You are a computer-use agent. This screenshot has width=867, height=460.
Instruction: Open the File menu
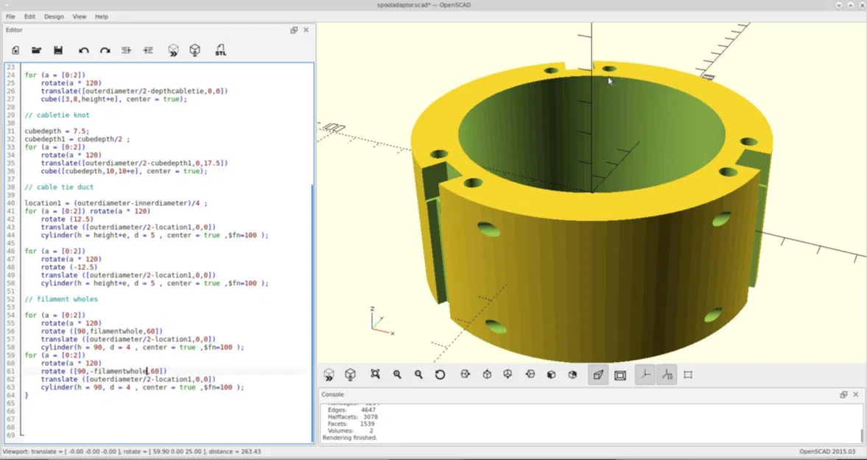click(10, 16)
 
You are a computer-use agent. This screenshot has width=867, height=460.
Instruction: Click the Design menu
click(54, 16)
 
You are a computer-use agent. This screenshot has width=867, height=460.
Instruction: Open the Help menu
click(102, 16)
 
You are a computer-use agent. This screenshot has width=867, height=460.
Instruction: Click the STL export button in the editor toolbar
click(220, 50)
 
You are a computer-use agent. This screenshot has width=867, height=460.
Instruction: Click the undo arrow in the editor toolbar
click(83, 50)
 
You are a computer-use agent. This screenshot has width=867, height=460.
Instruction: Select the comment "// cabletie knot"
click(57, 115)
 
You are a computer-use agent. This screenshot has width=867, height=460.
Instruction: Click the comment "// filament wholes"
click(61, 299)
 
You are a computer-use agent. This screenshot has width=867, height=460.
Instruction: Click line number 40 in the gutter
click(11, 203)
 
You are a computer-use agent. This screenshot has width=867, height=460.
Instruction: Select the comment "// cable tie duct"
click(60, 187)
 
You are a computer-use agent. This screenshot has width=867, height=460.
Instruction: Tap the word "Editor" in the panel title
click(14, 30)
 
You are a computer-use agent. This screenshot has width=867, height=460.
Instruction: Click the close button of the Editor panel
click(306, 30)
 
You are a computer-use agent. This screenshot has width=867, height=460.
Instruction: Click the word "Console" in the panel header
click(333, 394)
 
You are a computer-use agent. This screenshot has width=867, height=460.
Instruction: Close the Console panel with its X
click(855, 394)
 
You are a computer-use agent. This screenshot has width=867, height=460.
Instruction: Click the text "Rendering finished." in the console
click(350, 438)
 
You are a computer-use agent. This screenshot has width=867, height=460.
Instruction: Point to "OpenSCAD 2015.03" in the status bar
click(827, 451)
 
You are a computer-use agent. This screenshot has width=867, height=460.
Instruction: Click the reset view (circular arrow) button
click(440, 375)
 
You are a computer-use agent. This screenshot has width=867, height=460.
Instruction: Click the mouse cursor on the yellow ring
click(609, 81)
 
